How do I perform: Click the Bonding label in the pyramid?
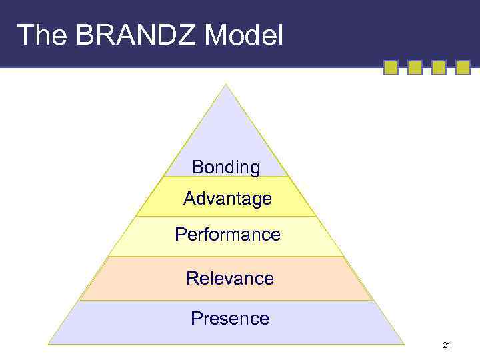tap(226, 167)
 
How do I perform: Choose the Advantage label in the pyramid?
tap(227, 199)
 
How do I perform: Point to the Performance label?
tap(227, 235)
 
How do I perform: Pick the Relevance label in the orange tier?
tap(229, 278)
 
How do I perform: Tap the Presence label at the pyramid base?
tap(229, 319)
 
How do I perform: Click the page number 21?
tap(447, 345)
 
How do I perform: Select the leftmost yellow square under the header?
tap(391, 67)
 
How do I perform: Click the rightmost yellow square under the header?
tap(463, 67)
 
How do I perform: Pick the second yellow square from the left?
tap(415, 67)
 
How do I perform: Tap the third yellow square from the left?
tap(439, 67)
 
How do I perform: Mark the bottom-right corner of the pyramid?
tap(403, 343)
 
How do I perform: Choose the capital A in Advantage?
tap(189, 199)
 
